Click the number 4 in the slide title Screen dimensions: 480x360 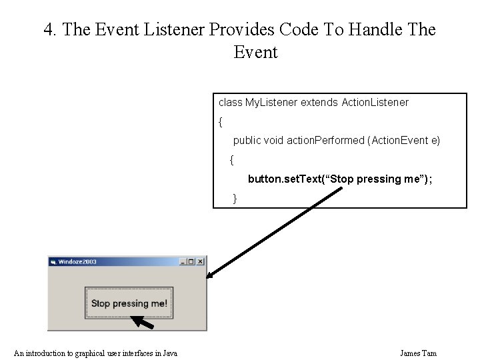(48, 30)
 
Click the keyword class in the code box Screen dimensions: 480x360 (230, 103)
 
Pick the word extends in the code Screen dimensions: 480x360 (319, 103)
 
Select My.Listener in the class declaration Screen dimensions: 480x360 (271, 103)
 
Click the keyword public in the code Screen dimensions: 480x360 (247, 141)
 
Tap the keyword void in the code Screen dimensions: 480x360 (273, 141)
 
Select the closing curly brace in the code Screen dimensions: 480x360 (235, 199)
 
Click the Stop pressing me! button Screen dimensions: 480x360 (129, 303)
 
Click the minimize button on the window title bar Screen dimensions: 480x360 (183, 261)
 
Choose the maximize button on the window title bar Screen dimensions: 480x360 (191, 261)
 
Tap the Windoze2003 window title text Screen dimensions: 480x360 (77, 262)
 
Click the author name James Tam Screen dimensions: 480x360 (418, 353)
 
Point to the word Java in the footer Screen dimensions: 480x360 (170, 353)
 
